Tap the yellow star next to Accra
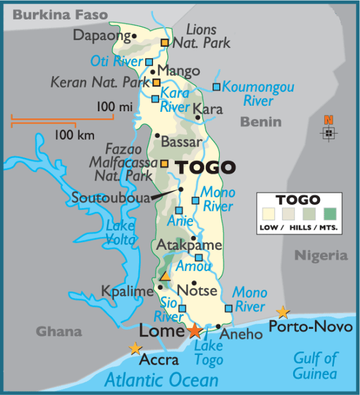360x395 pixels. point(135,348)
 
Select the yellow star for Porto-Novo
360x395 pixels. point(283,312)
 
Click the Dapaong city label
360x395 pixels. point(101,35)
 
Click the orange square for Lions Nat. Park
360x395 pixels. point(165,43)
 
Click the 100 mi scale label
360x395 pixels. point(114,107)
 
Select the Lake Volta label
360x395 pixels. point(120,232)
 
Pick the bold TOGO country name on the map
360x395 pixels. point(205,167)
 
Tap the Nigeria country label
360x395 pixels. point(321,255)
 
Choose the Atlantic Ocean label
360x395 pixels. point(161,380)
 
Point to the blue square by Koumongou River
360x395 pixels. point(216,87)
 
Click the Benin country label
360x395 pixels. point(260,122)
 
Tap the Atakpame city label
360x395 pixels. point(189,246)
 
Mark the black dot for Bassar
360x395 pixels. point(157,136)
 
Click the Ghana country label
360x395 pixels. point(58,332)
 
